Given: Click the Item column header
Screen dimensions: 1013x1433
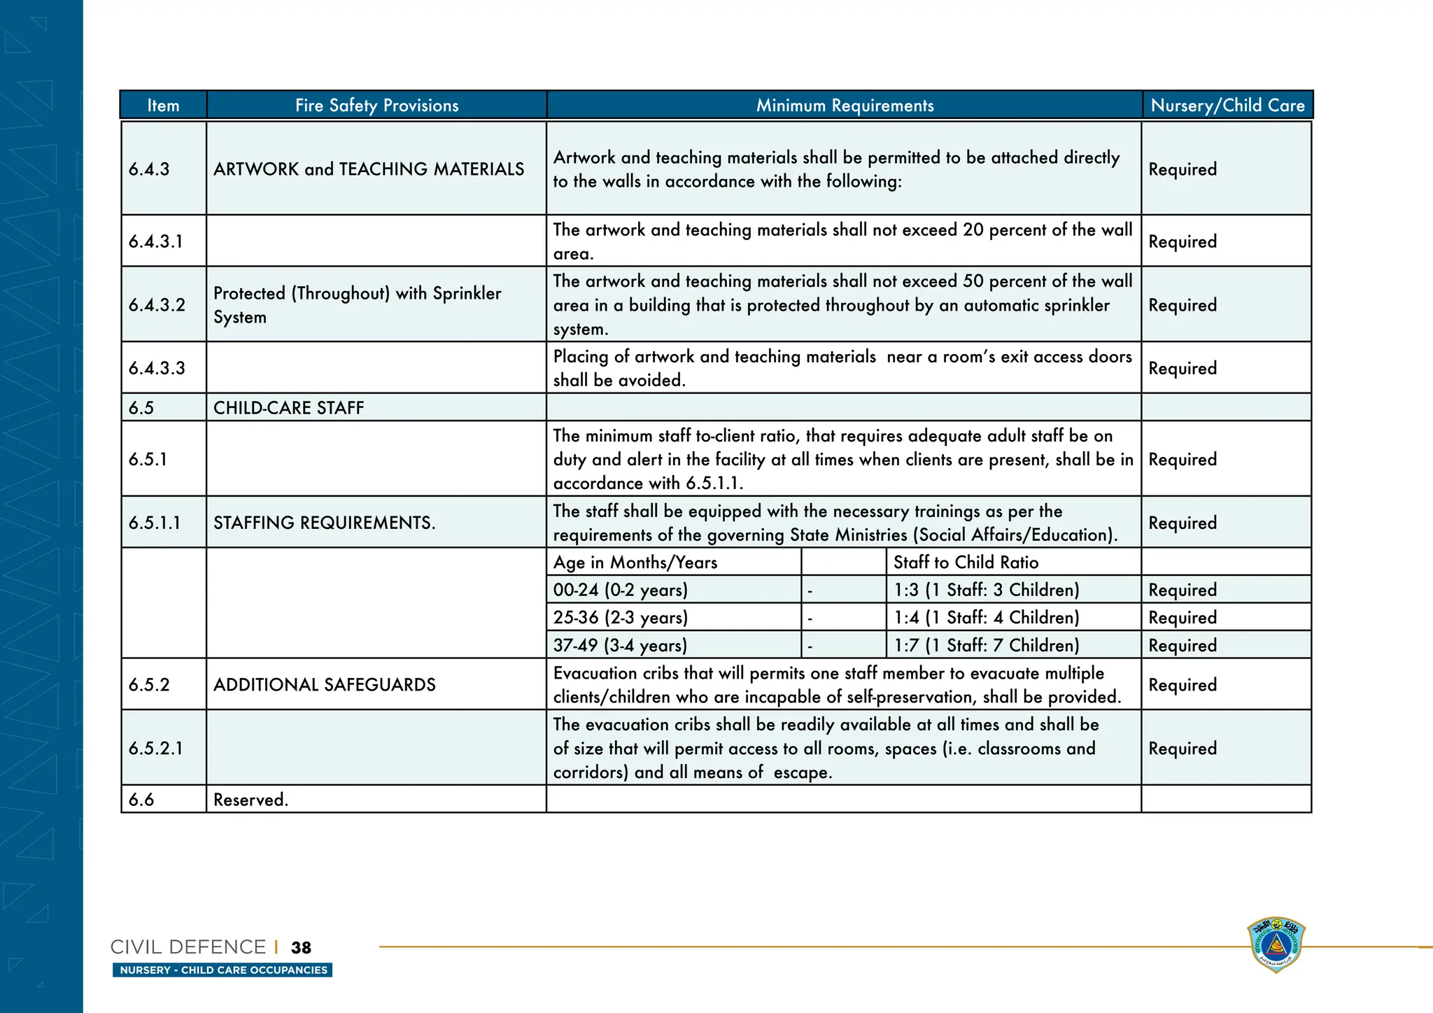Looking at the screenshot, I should tap(163, 106).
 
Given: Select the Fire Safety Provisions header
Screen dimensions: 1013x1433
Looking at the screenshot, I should tap(376, 106).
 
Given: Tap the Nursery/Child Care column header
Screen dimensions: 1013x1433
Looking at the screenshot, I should tap(1227, 106).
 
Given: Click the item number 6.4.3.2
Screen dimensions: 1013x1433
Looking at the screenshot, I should tap(157, 305).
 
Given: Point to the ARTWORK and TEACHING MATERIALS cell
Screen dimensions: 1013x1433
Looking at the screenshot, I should tap(369, 169).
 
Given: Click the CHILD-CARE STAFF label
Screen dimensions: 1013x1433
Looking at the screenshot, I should tap(288, 408).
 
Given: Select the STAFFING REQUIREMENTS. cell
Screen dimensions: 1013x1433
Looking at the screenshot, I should tap(324, 523).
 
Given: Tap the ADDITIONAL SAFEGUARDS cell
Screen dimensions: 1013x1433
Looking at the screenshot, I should tap(324, 685).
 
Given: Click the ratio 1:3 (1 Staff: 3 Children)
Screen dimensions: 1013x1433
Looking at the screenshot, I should tap(986, 590).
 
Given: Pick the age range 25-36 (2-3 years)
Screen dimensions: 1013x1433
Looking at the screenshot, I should tap(620, 618).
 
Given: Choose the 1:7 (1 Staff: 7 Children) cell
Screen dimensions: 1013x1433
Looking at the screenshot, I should tap(986, 645).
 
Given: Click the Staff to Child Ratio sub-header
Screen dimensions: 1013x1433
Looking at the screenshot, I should tap(966, 562).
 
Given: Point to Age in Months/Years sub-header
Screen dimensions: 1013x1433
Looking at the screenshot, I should tap(635, 562).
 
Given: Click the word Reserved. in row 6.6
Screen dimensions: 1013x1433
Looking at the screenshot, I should tap(250, 800).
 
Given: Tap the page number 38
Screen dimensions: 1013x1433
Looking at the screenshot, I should tap(301, 947).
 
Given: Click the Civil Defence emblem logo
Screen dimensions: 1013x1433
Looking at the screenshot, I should tap(1276, 944).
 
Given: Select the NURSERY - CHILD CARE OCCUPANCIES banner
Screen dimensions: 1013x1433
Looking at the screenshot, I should tap(223, 970).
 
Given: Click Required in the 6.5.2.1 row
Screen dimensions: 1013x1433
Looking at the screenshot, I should tap(1182, 749).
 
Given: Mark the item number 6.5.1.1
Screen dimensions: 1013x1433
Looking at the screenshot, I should tap(154, 523).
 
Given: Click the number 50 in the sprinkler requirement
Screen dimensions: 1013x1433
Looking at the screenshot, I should tap(973, 281).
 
